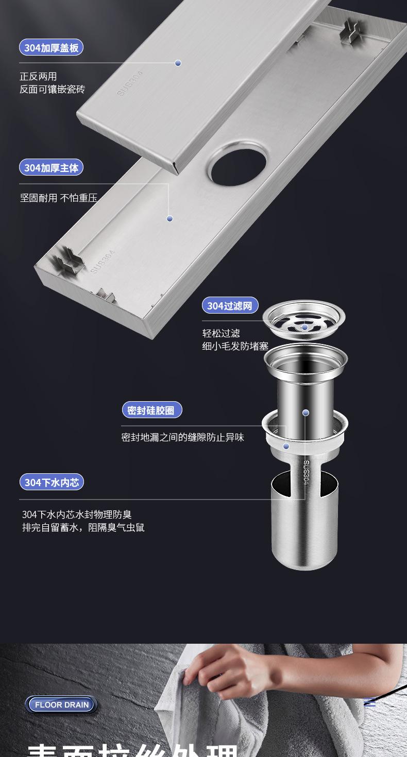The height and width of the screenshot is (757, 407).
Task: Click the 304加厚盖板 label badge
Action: [x=51, y=48]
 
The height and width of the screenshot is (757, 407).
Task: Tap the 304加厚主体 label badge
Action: [x=51, y=168]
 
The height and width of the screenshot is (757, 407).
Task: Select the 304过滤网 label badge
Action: [x=230, y=306]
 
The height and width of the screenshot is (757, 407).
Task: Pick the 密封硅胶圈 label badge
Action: [x=151, y=410]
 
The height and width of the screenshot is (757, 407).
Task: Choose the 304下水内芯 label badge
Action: [x=52, y=483]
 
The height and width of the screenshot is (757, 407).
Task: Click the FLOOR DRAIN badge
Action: [x=62, y=704]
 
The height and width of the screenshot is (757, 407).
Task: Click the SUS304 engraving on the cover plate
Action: [x=130, y=83]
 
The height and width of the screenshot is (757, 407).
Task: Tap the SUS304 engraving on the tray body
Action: [x=103, y=261]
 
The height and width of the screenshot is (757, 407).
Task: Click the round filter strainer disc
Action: [x=304, y=318]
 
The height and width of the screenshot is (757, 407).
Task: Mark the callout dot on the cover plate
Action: [x=178, y=63]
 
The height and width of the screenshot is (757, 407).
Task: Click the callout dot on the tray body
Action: [x=169, y=218]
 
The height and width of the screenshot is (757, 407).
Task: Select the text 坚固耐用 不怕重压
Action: [x=58, y=198]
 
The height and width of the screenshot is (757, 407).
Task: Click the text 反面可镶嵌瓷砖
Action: [x=52, y=89]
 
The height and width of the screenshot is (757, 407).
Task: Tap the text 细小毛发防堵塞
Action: [x=235, y=346]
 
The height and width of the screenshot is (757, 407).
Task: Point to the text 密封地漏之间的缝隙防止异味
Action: [x=182, y=437]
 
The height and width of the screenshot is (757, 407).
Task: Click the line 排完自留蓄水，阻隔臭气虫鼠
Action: [x=83, y=527]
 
